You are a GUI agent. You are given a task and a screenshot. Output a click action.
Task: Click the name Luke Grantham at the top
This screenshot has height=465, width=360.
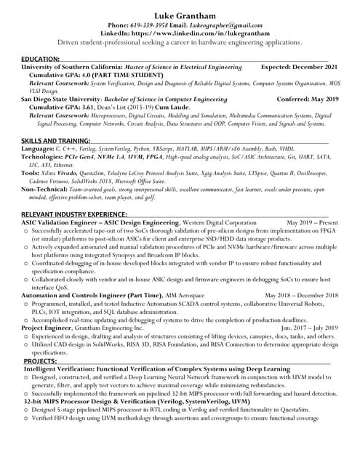click(x=180, y=15)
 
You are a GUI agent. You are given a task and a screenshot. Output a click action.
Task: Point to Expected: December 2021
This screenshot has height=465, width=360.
click(x=299, y=66)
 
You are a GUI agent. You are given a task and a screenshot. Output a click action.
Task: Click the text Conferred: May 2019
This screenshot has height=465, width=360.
click(x=308, y=98)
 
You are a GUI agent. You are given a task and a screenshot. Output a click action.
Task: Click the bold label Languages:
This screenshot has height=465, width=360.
click(x=37, y=147)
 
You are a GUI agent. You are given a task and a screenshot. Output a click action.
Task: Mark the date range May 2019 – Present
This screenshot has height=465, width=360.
click(x=313, y=222)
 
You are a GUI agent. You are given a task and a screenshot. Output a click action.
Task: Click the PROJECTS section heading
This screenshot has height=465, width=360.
click(x=40, y=360)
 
